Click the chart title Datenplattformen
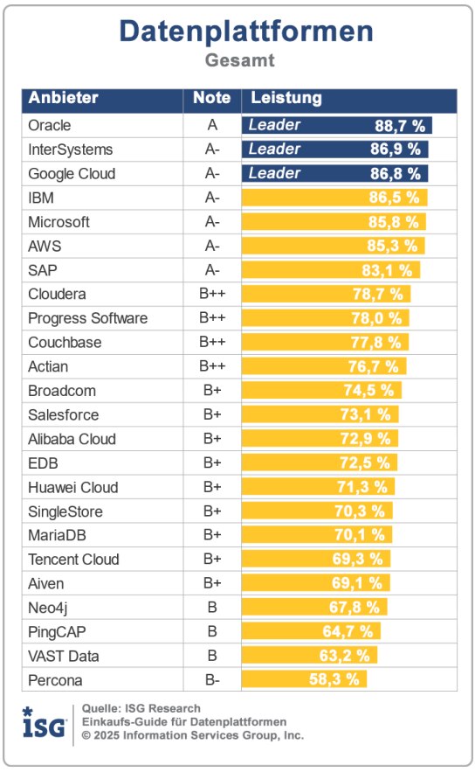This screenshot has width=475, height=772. click(x=246, y=32)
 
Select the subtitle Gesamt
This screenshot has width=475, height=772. click(x=240, y=61)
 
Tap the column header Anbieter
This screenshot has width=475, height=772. click(x=63, y=99)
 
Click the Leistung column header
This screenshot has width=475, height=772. click(x=286, y=99)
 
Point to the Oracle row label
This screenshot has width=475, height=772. click(x=50, y=125)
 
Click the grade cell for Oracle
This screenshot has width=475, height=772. click(x=212, y=125)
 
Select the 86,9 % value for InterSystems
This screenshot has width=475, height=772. click(x=395, y=150)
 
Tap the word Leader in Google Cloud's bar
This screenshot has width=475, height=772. click(x=274, y=173)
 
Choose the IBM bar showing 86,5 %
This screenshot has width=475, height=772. click(x=334, y=198)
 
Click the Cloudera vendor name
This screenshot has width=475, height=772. click(x=57, y=294)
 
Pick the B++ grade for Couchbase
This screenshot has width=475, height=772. click(x=212, y=342)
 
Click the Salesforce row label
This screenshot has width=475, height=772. click(x=63, y=414)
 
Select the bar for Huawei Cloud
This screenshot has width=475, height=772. click(x=319, y=487)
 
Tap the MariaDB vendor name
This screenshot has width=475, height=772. click(x=58, y=535)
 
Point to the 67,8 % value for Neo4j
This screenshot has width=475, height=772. click(x=358, y=608)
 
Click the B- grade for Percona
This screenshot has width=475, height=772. click(x=212, y=679)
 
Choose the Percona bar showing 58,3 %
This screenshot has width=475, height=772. click(x=305, y=679)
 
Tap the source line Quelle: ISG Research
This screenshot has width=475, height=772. click(x=141, y=708)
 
